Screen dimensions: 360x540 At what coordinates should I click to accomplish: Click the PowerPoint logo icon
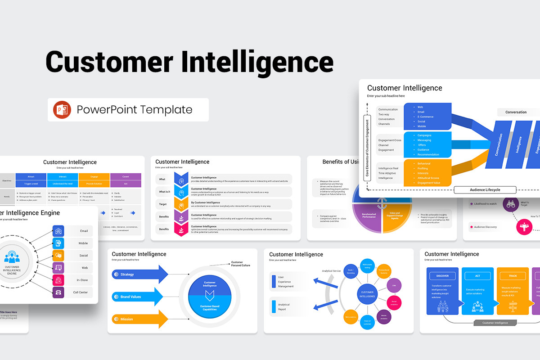pyautogui.click(x=62, y=110)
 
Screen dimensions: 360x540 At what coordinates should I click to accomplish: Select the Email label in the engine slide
pyautogui.click(x=84, y=231)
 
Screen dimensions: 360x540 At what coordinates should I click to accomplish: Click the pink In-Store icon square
pyautogui.click(x=58, y=280)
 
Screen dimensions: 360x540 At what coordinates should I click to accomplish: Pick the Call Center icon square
pyautogui.click(x=58, y=292)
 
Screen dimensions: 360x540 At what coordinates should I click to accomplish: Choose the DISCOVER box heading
pyautogui.click(x=442, y=276)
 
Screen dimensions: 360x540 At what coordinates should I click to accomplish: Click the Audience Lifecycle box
pyautogui.click(x=485, y=189)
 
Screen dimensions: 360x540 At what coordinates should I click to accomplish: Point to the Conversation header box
pyautogui.click(x=516, y=112)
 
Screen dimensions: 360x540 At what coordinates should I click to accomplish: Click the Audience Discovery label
pyautogui.click(x=485, y=227)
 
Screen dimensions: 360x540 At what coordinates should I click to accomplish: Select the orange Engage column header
pyautogui.click(x=94, y=177)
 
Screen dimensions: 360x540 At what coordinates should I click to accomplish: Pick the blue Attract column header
pyautogui.click(x=31, y=177)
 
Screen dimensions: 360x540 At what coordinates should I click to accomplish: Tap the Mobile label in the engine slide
pyautogui.click(x=83, y=243)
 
